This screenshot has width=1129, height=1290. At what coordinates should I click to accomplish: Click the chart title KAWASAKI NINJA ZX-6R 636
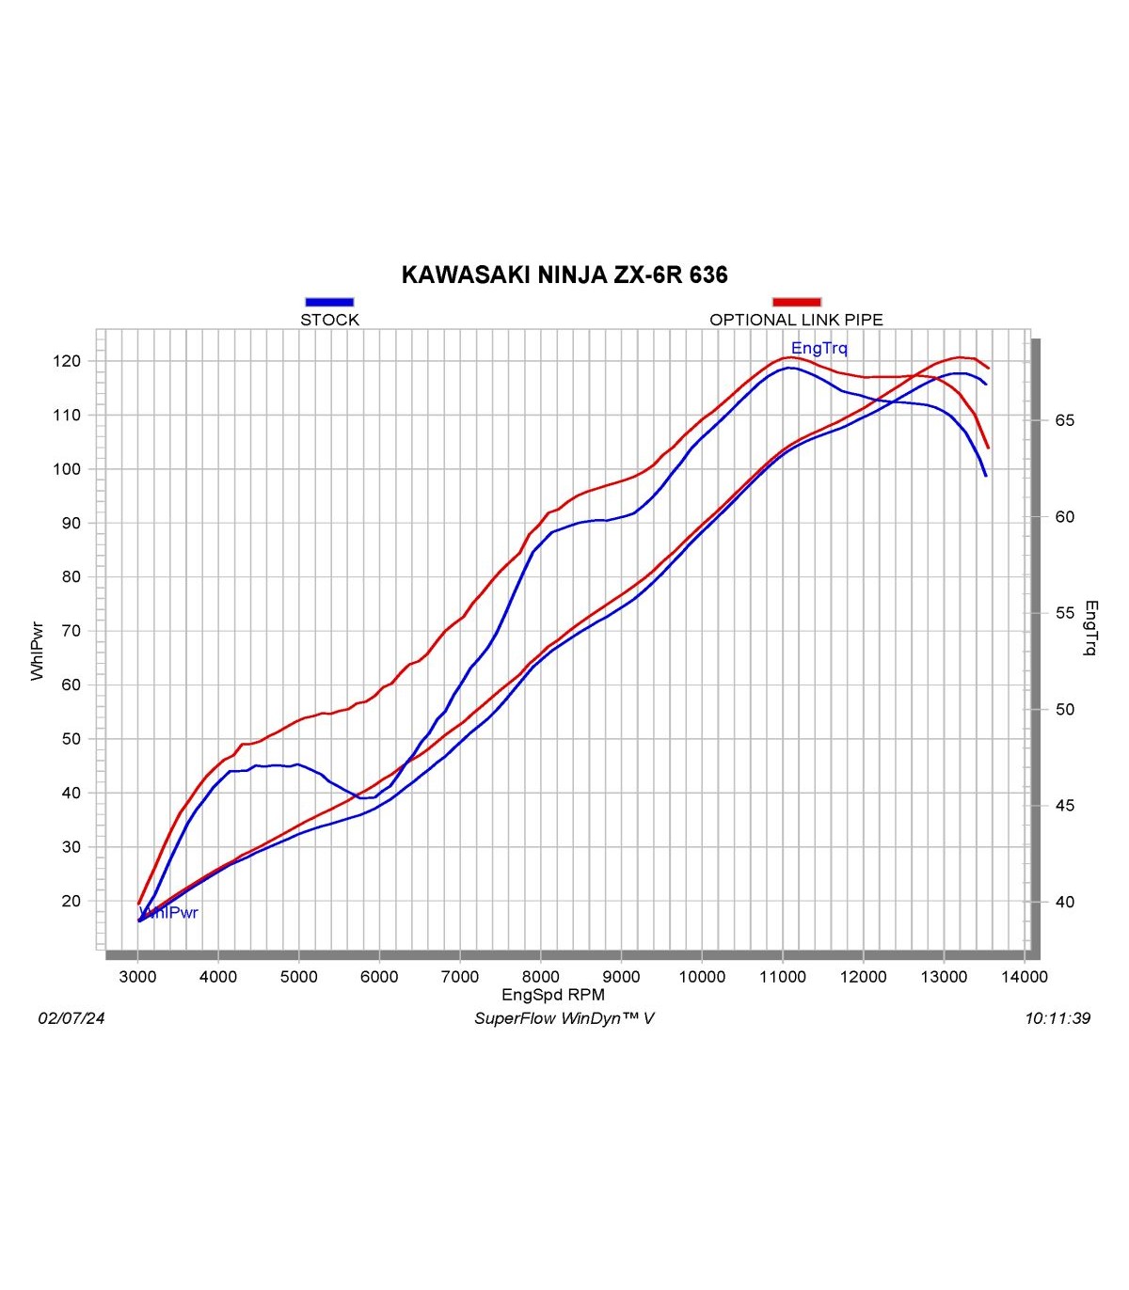point(564,275)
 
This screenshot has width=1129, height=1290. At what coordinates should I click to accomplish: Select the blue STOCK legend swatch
point(329,302)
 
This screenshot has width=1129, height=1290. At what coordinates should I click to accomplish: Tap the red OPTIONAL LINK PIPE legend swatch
point(796,302)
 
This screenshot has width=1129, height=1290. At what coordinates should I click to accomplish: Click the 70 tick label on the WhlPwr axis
point(72,631)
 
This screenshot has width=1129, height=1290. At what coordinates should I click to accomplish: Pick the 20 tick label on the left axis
point(72,901)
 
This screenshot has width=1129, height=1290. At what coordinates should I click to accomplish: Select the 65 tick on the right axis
point(1064,420)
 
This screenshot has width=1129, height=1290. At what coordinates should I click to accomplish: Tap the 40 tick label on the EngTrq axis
point(1064,902)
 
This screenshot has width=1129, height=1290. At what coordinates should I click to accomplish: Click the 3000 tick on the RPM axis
point(137,977)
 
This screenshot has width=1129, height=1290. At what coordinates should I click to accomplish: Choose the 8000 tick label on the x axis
point(540,977)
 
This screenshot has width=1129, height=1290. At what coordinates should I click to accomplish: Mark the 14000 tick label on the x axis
point(1024,977)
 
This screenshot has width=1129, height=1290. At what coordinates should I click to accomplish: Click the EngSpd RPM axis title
point(553,995)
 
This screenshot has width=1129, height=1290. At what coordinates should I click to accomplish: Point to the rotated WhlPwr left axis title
point(38,650)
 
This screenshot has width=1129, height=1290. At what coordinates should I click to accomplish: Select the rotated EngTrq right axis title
point(1091,627)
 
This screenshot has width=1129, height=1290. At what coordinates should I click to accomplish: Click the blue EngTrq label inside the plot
point(819,349)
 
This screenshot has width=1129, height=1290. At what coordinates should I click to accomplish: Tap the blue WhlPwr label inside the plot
point(169,913)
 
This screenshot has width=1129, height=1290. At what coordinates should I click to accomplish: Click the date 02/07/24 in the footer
point(72,1018)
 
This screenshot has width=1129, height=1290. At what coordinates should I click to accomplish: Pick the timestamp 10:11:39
point(1057,1018)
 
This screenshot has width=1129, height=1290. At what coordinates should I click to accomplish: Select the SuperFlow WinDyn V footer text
point(564,1018)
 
